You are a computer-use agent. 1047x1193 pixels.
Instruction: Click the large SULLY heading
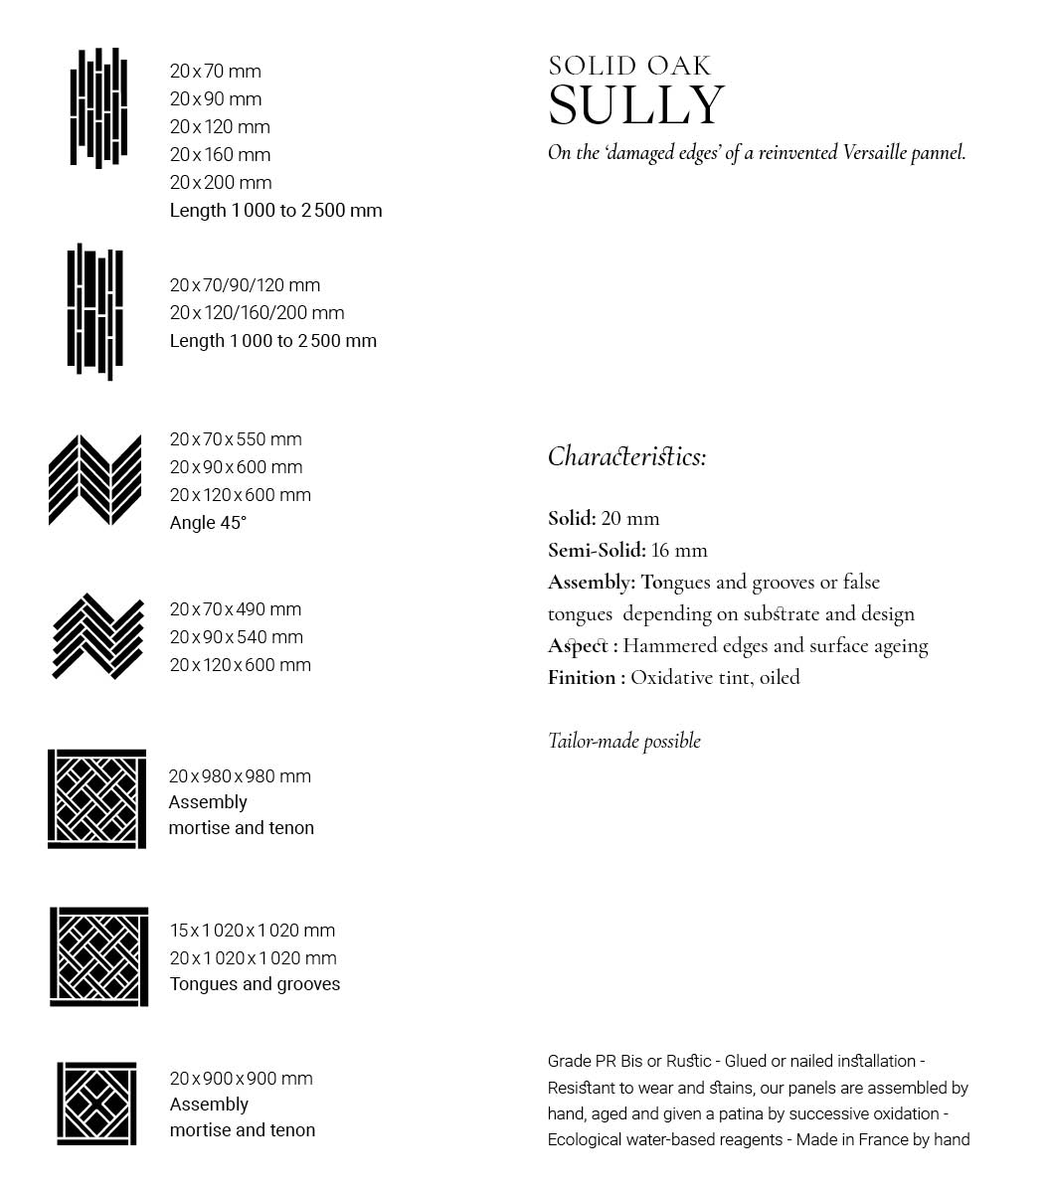[x=636, y=105]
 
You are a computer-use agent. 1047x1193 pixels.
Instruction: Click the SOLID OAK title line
[x=629, y=67]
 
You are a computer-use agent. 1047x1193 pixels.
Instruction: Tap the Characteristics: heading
[x=626, y=456]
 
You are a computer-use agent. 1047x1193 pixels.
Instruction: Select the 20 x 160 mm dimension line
[x=220, y=155]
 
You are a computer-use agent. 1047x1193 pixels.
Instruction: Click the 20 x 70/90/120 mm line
[x=245, y=285]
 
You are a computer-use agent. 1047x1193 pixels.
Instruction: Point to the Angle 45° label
[x=208, y=523]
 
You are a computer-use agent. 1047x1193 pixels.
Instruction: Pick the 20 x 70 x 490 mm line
[x=235, y=609]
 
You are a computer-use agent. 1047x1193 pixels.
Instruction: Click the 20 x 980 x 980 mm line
[x=240, y=776]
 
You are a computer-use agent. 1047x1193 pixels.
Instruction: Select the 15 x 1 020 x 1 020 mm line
[x=253, y=931]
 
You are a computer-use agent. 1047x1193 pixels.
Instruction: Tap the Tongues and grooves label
[x=255, y=984]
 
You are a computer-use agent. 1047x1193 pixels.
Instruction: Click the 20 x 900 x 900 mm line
[x=241, y=1079]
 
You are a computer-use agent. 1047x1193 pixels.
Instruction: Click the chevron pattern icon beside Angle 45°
[x=95, y=480]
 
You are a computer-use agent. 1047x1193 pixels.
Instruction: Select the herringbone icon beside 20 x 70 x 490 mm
[x=97, y=636]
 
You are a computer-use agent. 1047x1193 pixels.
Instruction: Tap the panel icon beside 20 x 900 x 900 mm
[x=96, y=1103]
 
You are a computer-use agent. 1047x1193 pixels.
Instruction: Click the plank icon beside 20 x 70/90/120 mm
[x=95, y=311]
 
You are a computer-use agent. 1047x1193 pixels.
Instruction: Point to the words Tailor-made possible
[x=624, y=741]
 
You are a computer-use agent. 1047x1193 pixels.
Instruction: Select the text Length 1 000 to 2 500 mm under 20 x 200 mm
[x=275, y=211]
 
